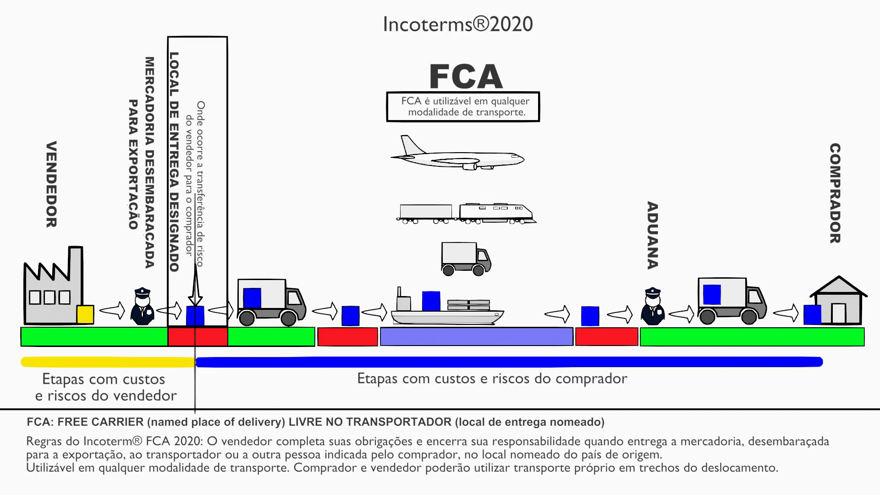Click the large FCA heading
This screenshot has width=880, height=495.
(466, 77)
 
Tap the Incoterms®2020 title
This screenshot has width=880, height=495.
(457, 24)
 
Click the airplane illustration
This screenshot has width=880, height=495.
(457, 154)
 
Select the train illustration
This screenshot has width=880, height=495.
(466, 214)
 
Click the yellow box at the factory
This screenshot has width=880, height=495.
(85, 314)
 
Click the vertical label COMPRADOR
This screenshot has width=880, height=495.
(835, 193)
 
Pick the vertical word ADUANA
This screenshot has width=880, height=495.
(652, 235)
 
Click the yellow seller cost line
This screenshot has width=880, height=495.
(108, 362)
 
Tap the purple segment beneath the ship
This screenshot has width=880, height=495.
(476, 336)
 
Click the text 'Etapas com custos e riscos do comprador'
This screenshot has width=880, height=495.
(492, 379)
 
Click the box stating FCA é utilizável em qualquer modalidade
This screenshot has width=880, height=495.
(463, 107)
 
